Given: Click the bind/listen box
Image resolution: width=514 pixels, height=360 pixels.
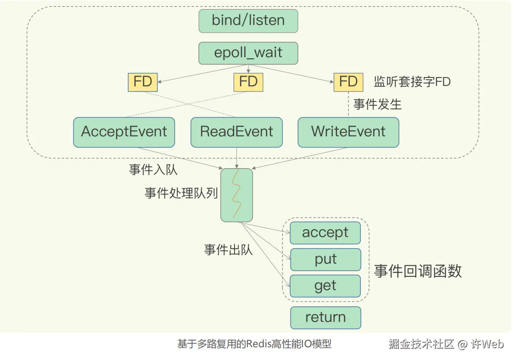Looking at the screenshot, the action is click(248, 21).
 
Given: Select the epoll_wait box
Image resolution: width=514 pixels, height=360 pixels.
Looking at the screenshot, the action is click(248, 53).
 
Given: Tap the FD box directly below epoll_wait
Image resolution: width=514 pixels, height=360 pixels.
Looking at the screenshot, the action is click(248, 82).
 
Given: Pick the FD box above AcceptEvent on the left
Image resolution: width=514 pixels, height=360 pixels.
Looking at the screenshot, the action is click(143, 82).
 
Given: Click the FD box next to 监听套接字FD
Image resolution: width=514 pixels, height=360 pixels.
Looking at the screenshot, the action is click(348, 82).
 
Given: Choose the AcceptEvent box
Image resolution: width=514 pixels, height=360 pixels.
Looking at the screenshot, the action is click(124, 132).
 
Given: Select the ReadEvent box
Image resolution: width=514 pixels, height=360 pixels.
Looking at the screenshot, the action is click(236, 132).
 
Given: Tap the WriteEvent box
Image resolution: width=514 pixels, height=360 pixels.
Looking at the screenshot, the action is click(348, 132).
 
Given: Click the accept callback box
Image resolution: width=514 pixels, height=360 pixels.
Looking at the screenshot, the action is click(325, 233).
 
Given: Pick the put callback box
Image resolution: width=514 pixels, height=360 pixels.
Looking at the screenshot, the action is click(326, 259).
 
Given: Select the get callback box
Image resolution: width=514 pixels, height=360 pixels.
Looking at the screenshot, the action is click(325, 286).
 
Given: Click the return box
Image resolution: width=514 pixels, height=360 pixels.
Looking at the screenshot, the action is click(326, 318).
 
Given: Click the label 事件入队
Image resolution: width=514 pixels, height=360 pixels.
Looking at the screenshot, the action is click(153, 169).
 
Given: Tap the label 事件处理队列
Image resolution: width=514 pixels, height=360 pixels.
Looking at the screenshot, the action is click(181, 193).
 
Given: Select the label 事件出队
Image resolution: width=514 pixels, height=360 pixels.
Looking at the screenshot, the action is click(228, 250).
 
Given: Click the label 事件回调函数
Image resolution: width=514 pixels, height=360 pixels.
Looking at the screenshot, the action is click(418, 271).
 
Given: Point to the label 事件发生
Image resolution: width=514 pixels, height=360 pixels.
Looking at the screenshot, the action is click(377, 104).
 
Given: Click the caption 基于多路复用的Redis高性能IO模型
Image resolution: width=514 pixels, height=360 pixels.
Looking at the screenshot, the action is click(254, 344).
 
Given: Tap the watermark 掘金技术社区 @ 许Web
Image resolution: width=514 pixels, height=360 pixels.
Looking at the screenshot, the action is click(446, 344).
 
